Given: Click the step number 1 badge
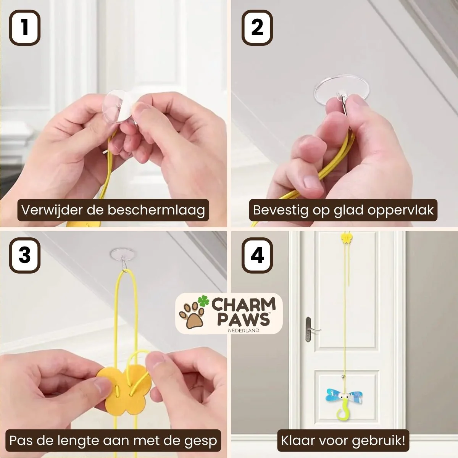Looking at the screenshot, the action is point(25,27).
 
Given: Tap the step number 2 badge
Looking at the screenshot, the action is point(257,27).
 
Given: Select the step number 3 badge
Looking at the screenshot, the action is point(25,255).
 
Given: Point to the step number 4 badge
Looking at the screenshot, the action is point(257,255).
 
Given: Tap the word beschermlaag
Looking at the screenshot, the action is point(156,210).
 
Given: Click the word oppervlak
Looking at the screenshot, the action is point(399,210).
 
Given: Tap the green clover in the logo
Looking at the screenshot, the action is point(204,300).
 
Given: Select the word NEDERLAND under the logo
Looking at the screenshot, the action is point(244,330).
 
